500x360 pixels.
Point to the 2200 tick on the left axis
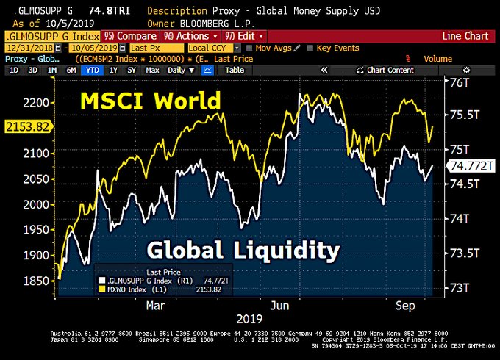point(36,102)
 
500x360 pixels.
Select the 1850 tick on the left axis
point(36,281)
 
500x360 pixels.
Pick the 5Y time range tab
point(132,70)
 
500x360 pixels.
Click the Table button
point(235,70)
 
